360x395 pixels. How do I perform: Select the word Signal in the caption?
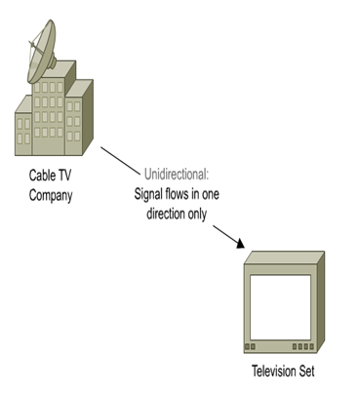pyautogui.click(x=150, y=192)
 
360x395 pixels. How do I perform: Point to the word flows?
pyautogui.click(x=186, y=192)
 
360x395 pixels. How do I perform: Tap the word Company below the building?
pyautogui.click(x=50, y=194)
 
